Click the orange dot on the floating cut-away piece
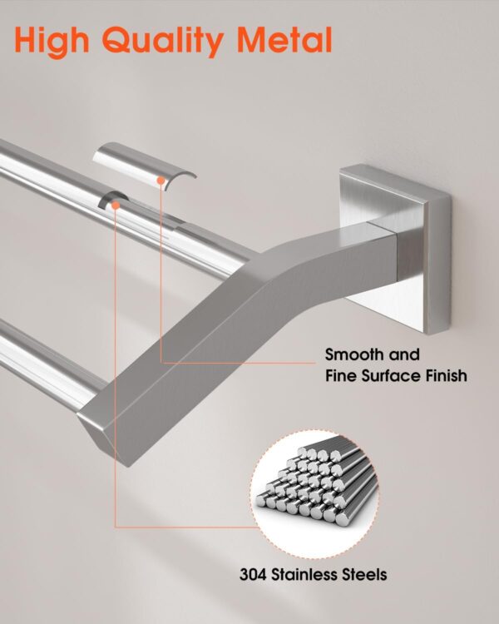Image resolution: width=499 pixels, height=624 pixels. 161,178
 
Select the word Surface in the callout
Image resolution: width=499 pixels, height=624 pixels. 393,376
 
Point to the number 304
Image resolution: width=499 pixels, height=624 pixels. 254,573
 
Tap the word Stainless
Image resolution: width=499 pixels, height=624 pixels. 307,573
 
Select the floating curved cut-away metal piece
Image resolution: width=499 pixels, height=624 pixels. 142,163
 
